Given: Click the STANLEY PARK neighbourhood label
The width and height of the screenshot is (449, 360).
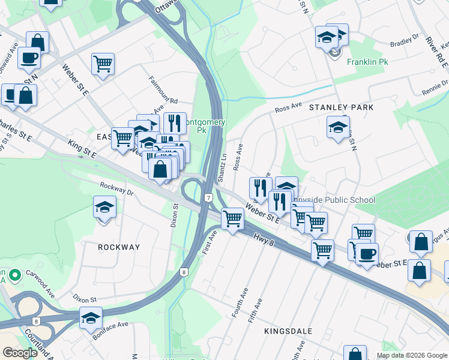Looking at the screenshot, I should coord(341,107).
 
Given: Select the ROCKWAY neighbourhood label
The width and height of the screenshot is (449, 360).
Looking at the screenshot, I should coord(119,247).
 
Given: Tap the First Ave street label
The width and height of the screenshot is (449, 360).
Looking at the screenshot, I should coord(209,241).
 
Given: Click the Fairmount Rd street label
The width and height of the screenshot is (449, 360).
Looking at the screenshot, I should coord(164,93).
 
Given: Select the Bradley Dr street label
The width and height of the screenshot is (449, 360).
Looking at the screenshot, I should coord(404,40).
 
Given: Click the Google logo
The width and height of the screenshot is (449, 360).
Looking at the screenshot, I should coord(20,353).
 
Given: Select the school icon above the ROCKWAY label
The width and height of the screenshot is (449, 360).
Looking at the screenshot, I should coord(105,208).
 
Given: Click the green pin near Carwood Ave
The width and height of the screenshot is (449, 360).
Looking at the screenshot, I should coord(16,275).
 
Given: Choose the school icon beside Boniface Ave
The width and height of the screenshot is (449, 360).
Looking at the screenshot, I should coord(91,318).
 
